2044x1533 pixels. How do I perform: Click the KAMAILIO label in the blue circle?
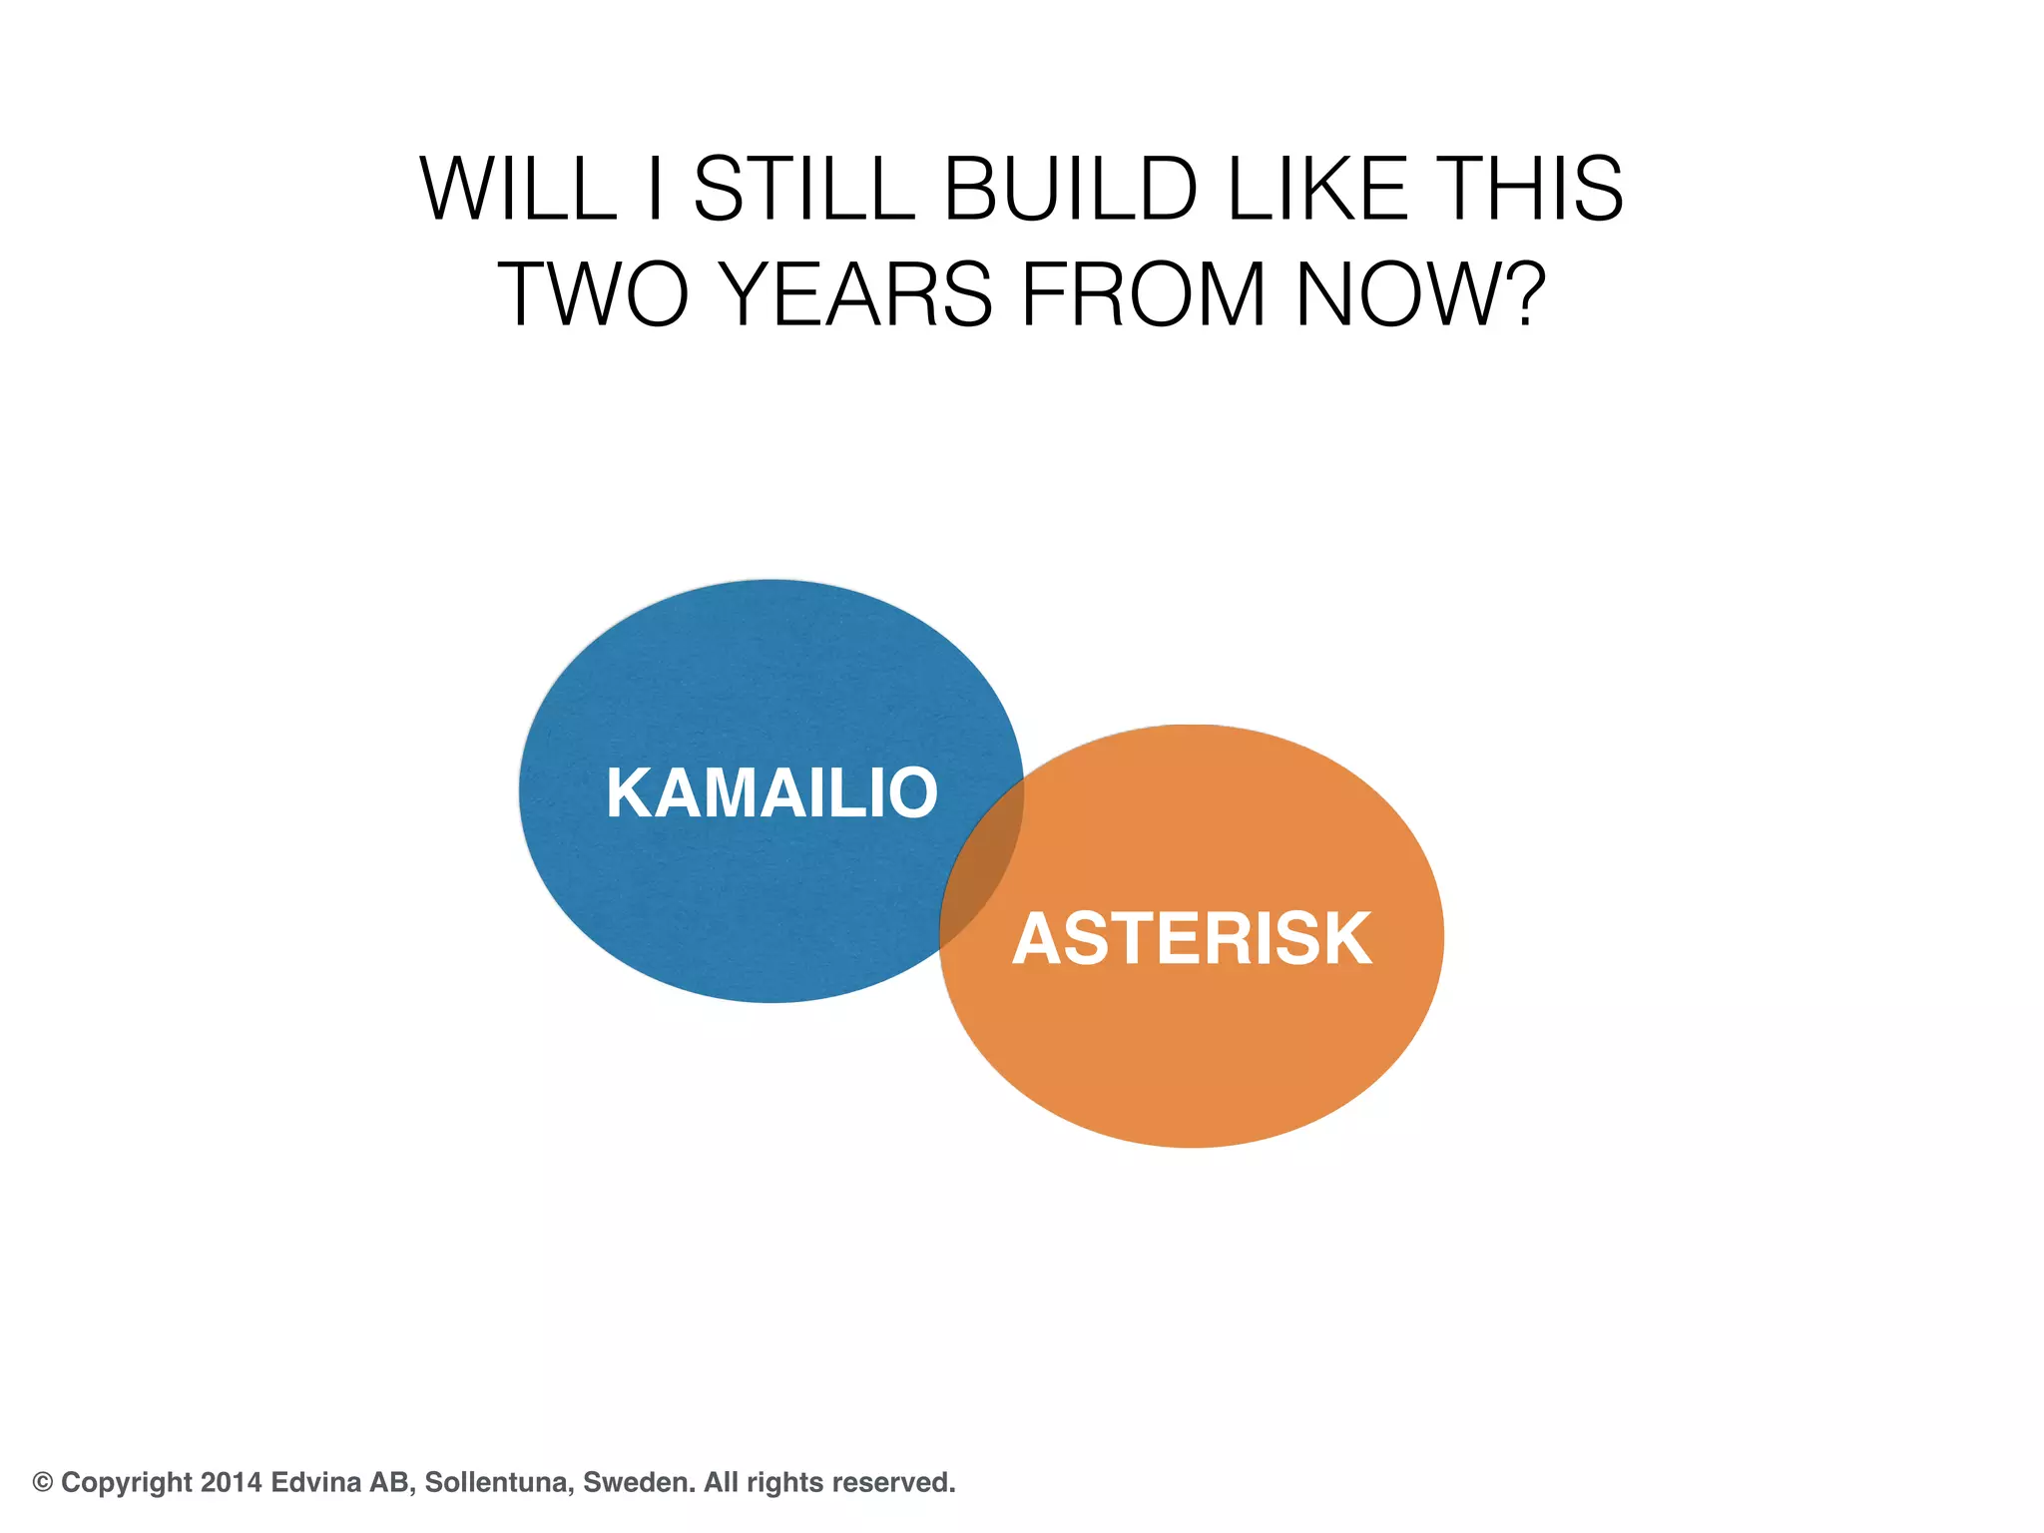771,793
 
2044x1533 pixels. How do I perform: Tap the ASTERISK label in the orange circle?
1193,939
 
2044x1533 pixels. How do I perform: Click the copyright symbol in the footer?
43,1482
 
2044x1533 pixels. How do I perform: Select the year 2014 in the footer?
231,1482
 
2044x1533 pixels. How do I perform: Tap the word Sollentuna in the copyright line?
499,1482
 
